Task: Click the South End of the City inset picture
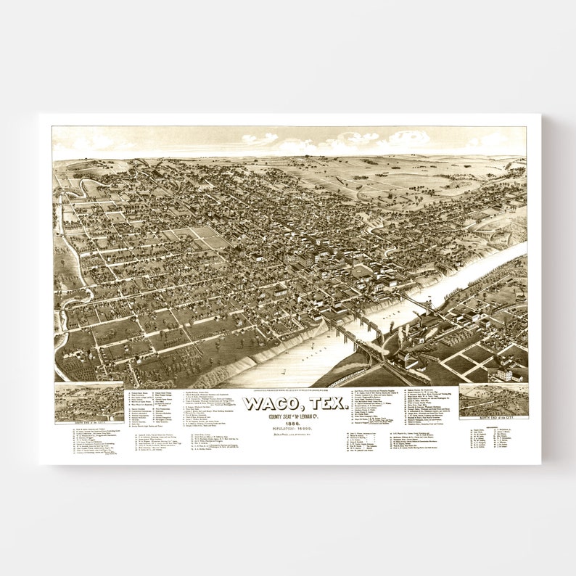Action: tap(89, 402)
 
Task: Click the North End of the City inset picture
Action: tap(493, 400)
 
